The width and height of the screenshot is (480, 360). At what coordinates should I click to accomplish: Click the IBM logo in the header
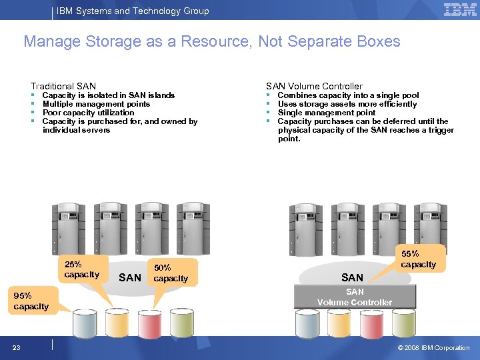[460, 10]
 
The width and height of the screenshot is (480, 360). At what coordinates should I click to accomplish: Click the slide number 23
[16, 347]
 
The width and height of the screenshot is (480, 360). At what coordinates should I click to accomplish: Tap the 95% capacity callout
[31, 301]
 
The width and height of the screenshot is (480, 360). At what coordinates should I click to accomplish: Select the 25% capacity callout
[81, 269]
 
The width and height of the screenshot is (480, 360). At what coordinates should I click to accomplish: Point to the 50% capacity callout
[171, 273]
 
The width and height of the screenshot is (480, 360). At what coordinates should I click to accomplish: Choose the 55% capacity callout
[419, 259]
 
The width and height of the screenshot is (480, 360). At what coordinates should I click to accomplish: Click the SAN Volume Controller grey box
[355, 297]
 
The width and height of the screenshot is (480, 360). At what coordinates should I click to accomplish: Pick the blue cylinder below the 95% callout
[85, 324]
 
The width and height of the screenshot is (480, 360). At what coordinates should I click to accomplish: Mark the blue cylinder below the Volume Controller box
[307, 324]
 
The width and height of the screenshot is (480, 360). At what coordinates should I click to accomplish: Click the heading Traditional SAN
[63, 86]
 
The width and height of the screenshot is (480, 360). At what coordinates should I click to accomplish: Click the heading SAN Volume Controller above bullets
[314, 86]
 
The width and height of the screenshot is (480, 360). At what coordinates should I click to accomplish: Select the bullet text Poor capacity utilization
[88, 113]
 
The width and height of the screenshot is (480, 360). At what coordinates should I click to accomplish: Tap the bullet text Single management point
[327, 113]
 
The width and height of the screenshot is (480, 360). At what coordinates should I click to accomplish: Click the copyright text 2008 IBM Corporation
[437, 347]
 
